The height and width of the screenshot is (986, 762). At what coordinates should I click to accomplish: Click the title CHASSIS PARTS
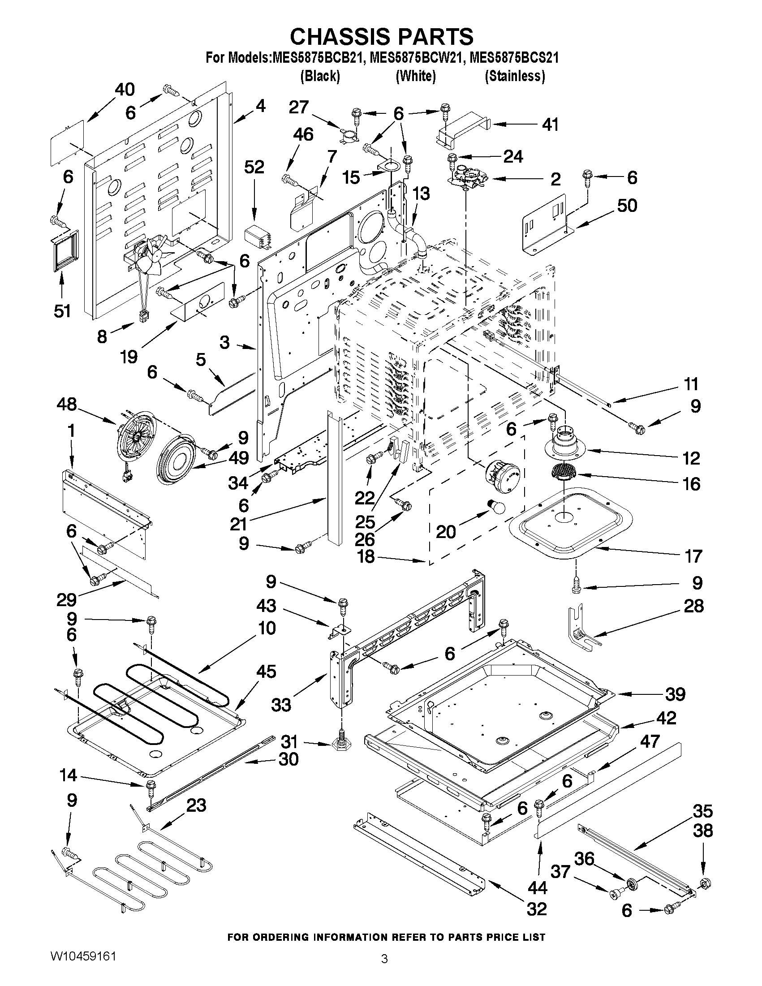click(x=382, y=36)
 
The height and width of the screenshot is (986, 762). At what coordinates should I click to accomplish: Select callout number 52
click(x=254, y=167)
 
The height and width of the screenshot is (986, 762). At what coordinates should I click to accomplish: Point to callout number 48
click(x=67, y=404)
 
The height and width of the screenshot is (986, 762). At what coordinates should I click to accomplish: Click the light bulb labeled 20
click(x=495, y=508)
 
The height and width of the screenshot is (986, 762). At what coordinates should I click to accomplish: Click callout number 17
click(x=693, y=556)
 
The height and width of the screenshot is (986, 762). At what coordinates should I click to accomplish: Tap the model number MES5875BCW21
click(x=415, y=58)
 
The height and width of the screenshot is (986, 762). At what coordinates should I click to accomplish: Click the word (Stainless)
click(x=515, y=76)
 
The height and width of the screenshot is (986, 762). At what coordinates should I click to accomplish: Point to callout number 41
click(x=550, y=124)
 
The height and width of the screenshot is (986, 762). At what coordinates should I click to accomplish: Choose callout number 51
click(x=62, y=310)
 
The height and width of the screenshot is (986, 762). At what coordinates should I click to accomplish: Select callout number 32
click(x=536, y=908)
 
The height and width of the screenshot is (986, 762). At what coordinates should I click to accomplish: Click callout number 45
click(x=266, y=672)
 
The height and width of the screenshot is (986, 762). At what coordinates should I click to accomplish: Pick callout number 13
click(x=421, y=194)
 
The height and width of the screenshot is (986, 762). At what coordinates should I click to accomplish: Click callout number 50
click(x=627, y=206)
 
